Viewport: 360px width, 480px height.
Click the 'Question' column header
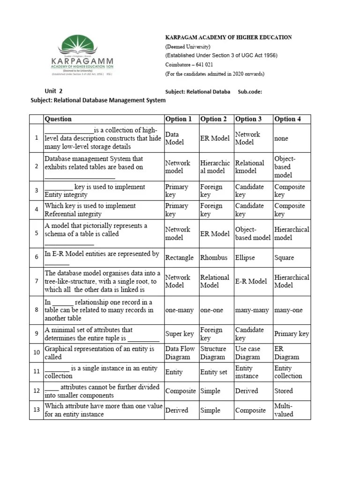[58, 119]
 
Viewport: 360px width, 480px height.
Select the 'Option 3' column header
[248, 119]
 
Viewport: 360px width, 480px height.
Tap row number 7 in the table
[36, 281]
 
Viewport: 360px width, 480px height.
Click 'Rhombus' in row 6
[214, 257]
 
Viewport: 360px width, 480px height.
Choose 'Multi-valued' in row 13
[284, 410]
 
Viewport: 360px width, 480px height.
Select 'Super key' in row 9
[180, 334]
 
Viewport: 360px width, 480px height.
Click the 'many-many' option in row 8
[252, 310]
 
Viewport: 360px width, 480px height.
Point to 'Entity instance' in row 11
[247, 372]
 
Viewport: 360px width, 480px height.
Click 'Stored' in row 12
[284, 391]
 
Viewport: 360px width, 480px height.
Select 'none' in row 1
[281, 138]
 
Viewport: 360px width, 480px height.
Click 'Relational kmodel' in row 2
[250, 167]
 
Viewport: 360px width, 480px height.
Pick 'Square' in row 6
[285, 257]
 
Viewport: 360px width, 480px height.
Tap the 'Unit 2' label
[53, 91]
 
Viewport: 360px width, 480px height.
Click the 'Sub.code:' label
[250, 92]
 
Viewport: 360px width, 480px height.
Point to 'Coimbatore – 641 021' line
[189, 65]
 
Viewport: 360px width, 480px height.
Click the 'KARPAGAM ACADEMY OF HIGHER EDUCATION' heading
[228, 37]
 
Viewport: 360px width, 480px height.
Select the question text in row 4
[90, 210]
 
